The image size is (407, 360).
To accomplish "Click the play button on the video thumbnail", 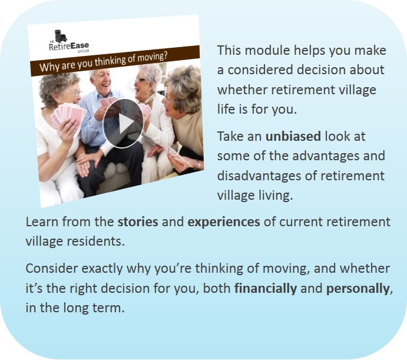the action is [x=123, y=123].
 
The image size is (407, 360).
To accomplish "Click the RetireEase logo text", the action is [x=69, y=47].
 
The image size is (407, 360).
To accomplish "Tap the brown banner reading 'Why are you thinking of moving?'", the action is [x=115, y=61].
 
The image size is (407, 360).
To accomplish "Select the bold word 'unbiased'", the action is [x=293, y=136].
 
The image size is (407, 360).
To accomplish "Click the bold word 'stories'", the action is [x=138, y=222].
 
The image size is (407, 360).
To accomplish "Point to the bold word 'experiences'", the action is [x=223, y=222].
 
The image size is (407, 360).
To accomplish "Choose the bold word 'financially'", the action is [x=265, y=289].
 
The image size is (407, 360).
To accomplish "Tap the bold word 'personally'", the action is [x=358, y=289].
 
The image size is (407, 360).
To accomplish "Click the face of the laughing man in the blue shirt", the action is [x=102, y=82].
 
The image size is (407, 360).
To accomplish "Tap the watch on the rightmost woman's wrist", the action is [x=198, y=164].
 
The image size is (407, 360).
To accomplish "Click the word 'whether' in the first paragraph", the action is [x=242, y=90].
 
